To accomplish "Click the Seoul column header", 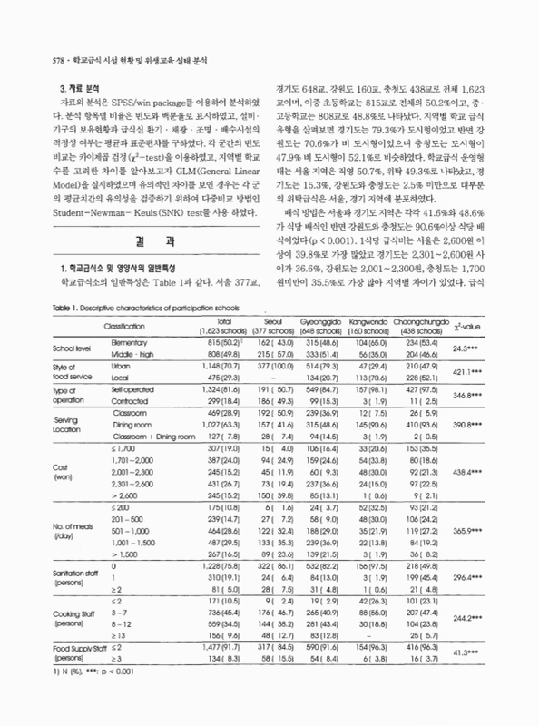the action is pos(298,326).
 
